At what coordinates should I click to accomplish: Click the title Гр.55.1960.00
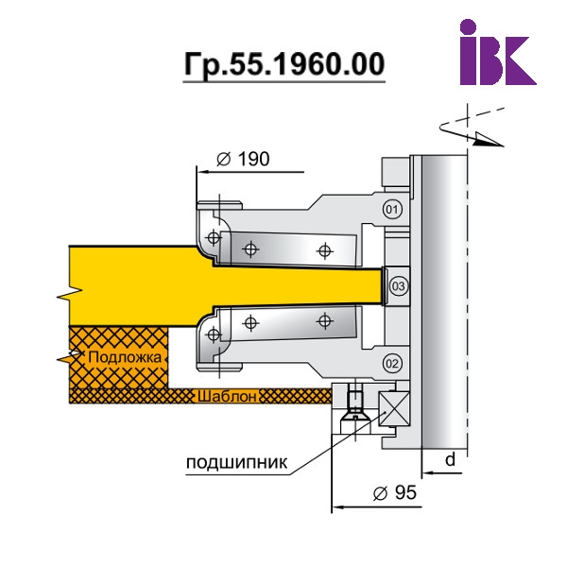coord(283,64)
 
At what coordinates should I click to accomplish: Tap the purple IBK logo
coord(498,52)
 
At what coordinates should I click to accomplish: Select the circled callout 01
coord(392,209)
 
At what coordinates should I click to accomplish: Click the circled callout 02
coord(392,363)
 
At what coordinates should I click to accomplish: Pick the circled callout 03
coord(399,286)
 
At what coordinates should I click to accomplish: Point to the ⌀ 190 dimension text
coord(243,159)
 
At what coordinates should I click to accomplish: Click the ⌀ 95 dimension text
coord(395,492)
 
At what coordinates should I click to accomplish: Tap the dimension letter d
coord(450,460)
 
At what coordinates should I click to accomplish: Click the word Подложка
coord(125,357)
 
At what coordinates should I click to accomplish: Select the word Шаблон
coord(227,397)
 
